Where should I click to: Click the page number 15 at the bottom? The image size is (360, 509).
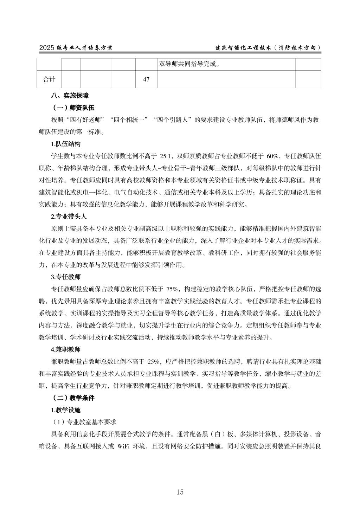point(180,492)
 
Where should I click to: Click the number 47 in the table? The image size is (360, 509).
point(146,79)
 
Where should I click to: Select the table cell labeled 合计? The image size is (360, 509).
point(49,79)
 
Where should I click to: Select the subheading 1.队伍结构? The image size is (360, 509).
point(66,144)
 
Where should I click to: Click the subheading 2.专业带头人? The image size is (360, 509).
point(69,217)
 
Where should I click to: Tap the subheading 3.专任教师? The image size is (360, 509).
point(66,277)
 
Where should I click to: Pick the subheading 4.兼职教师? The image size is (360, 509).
point(66,349)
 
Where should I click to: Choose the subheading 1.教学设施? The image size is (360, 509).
point(66,410)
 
